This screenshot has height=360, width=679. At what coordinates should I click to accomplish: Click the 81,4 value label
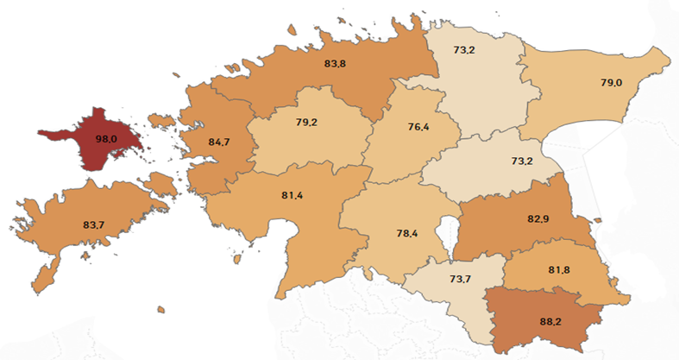click(292, 196)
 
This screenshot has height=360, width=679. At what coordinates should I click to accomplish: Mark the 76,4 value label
click(418, 128)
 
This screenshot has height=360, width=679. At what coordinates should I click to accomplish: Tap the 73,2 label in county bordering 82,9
click(522, 161)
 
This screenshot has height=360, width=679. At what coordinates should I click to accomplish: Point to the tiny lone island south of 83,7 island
click(160, 309)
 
